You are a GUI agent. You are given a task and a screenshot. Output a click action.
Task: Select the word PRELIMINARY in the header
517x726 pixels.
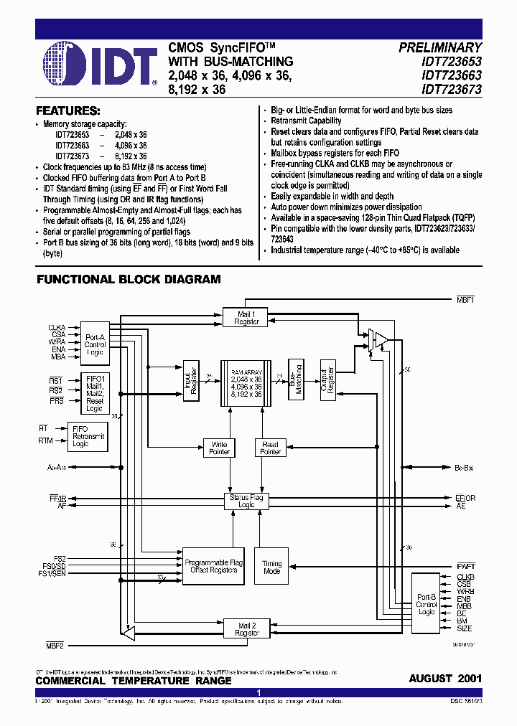[440, 48]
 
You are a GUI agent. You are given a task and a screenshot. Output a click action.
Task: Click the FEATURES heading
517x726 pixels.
[67, 111]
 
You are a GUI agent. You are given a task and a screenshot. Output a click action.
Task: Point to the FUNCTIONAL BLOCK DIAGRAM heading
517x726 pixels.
[129, 279]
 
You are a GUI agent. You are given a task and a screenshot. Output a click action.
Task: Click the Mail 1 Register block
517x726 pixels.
[246, 318]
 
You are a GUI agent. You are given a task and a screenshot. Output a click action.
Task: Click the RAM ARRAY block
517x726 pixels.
[246, 380]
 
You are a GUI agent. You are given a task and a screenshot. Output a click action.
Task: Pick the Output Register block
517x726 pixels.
[328, 379]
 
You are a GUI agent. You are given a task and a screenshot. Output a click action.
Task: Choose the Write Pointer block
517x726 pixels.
[219, 448]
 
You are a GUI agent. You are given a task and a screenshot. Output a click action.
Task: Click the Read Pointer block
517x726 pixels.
[270, 448]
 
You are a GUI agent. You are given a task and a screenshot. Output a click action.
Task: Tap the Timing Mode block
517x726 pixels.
[271, 568]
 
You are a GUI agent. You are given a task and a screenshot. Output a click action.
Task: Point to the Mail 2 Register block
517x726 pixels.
[246, 629]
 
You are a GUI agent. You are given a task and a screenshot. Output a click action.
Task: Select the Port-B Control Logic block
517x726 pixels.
[427, 605]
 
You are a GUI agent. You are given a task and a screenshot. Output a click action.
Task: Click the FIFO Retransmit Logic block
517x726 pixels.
[88, 436]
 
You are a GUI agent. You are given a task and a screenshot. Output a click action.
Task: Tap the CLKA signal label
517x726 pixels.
[57, 327]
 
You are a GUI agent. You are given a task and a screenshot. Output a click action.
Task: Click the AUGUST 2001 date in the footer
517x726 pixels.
[445, 679]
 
